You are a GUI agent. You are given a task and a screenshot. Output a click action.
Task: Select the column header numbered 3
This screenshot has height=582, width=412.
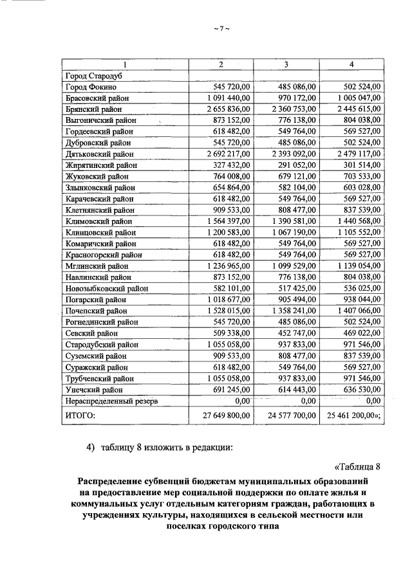[285, 64]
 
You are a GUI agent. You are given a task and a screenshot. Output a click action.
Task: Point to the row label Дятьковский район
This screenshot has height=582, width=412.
[101, 154]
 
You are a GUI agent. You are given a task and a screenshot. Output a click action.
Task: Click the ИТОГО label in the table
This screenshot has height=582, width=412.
[80, 417]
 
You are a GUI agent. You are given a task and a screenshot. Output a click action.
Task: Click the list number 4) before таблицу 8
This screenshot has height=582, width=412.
[91, 448]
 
